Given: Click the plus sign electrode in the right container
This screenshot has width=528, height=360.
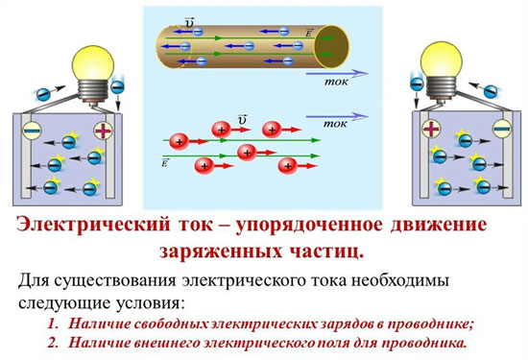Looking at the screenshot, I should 430,128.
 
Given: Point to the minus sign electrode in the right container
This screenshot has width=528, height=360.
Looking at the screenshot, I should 499,128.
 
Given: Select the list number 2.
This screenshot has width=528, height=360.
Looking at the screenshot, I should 52,342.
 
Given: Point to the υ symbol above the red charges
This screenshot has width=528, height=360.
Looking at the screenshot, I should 242,118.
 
